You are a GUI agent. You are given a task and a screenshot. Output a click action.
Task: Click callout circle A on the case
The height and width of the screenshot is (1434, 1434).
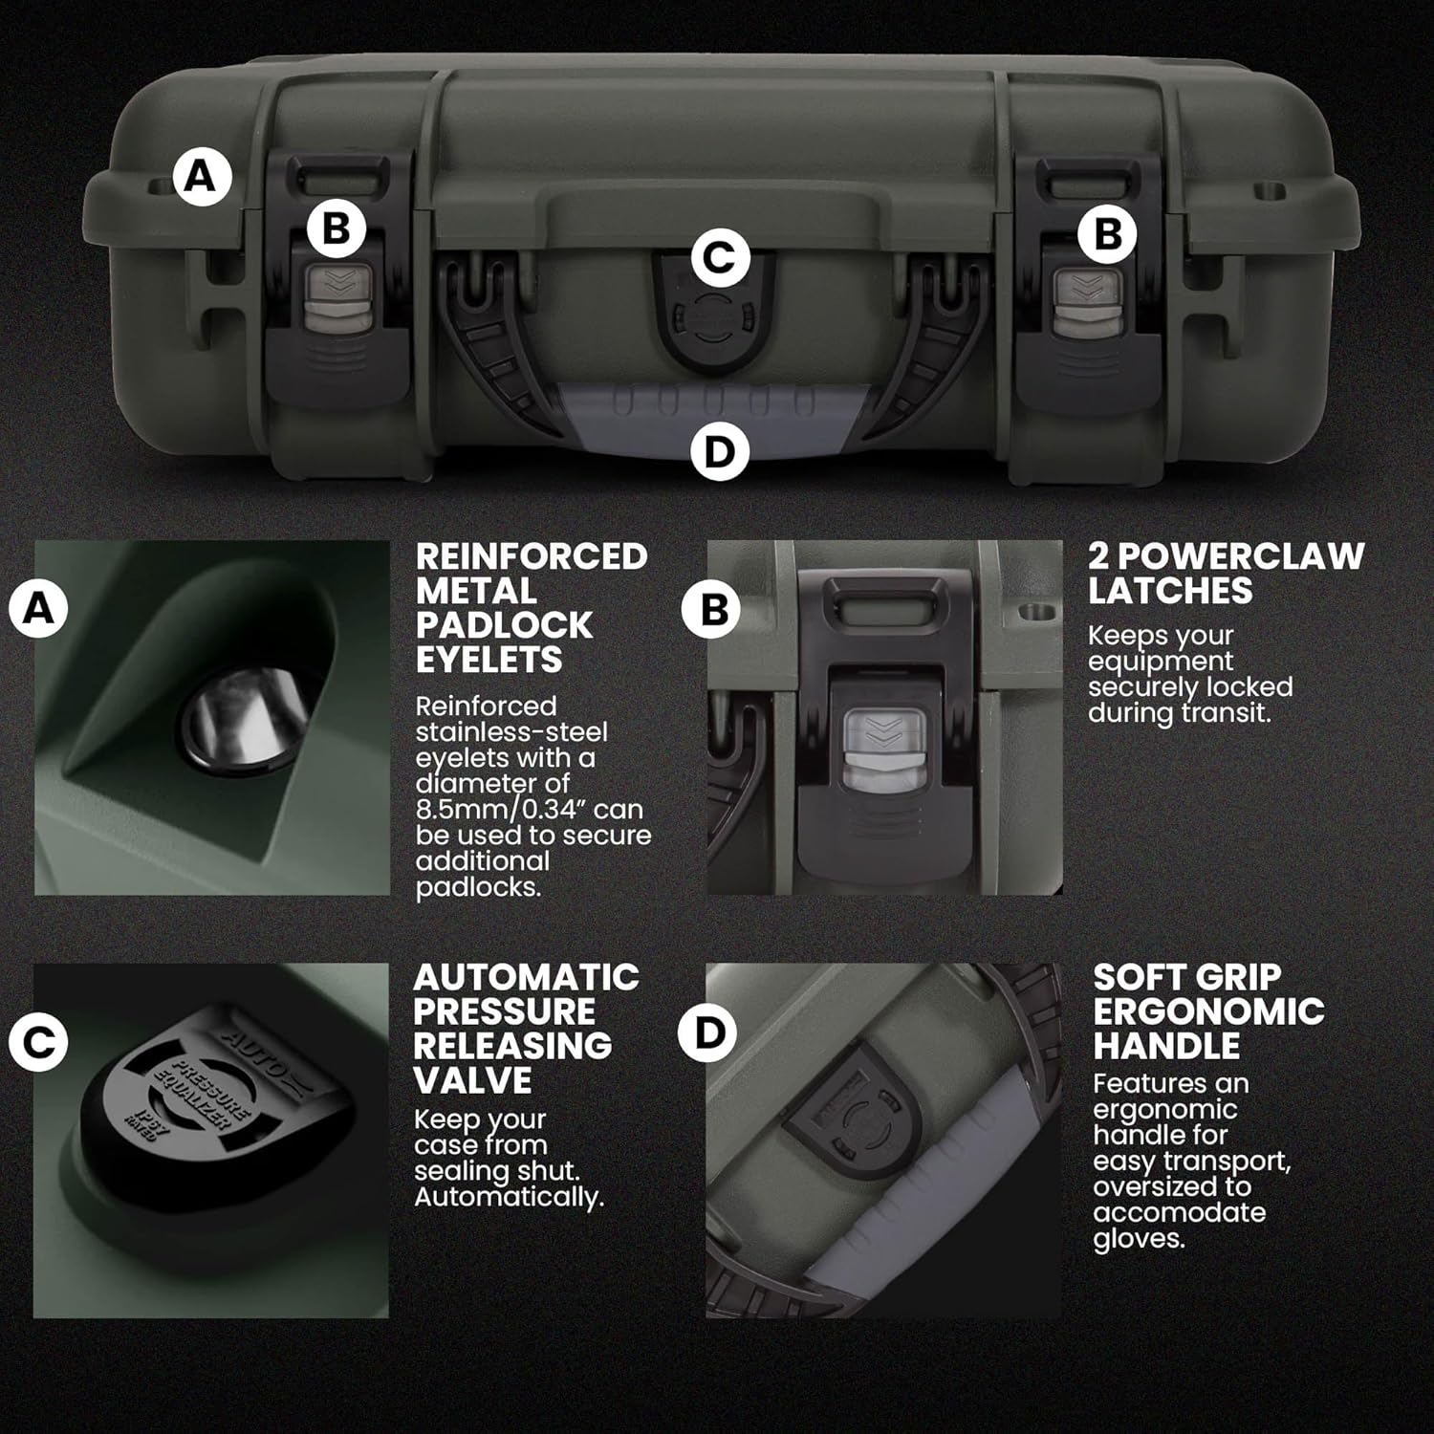click(x=201, y=177)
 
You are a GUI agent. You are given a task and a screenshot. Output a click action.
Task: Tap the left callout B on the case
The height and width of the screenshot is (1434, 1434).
click(x=336, y=228)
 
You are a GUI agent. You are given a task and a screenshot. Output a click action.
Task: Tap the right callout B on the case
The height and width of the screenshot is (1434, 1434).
click(x=1107, y=232)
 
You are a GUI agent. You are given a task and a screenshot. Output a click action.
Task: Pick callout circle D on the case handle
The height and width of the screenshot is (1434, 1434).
click(x=719, y=451)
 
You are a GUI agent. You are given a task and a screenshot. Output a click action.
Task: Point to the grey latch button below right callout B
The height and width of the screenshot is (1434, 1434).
click(x=1084, y=297)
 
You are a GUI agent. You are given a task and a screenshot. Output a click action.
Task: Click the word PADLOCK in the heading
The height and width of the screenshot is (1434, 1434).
click(x=504, y=625)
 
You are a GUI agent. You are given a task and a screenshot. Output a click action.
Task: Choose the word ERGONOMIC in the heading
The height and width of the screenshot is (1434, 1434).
click(x=1208, y=1011)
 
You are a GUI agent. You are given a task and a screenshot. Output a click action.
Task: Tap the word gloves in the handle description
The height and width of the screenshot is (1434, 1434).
click(x=1139, y=1240)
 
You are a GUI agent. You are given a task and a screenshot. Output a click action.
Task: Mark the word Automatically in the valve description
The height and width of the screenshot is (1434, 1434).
click(x=509, y=1197)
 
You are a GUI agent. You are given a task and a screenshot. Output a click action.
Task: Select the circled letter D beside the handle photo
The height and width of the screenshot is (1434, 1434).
click(x=707, y=1032)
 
